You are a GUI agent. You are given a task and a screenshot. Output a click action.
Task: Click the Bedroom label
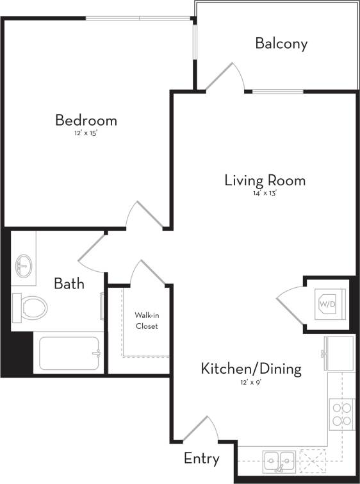tap(86, 120)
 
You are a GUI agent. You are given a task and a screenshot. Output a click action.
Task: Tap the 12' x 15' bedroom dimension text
tap(86, 134)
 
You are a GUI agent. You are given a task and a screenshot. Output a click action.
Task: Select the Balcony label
tap(281, 44)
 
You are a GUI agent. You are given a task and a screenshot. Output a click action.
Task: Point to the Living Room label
tap(265, 180)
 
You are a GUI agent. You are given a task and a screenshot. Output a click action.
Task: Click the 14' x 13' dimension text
tap(265, 194)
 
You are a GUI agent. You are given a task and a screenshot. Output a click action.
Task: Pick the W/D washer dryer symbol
tap(327, 303)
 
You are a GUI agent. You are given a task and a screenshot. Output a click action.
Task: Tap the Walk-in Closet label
tap(146, 321)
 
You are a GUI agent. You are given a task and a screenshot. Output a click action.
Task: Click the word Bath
tap(69, 283)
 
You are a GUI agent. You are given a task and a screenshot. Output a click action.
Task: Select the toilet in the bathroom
tap(30, 307)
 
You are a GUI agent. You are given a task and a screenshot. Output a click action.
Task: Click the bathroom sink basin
tap(24, 264)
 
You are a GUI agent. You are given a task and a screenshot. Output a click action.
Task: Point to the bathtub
tap(69, 353)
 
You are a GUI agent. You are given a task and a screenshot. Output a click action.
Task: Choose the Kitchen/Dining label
tap(251, 369)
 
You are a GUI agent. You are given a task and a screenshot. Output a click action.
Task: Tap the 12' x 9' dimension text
tap(251, 382)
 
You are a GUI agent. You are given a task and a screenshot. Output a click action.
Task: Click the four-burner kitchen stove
tap(342, 413)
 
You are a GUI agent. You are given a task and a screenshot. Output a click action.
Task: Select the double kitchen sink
tap(279, 459)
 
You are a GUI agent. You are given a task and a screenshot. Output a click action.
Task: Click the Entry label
tap(202, 458)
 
